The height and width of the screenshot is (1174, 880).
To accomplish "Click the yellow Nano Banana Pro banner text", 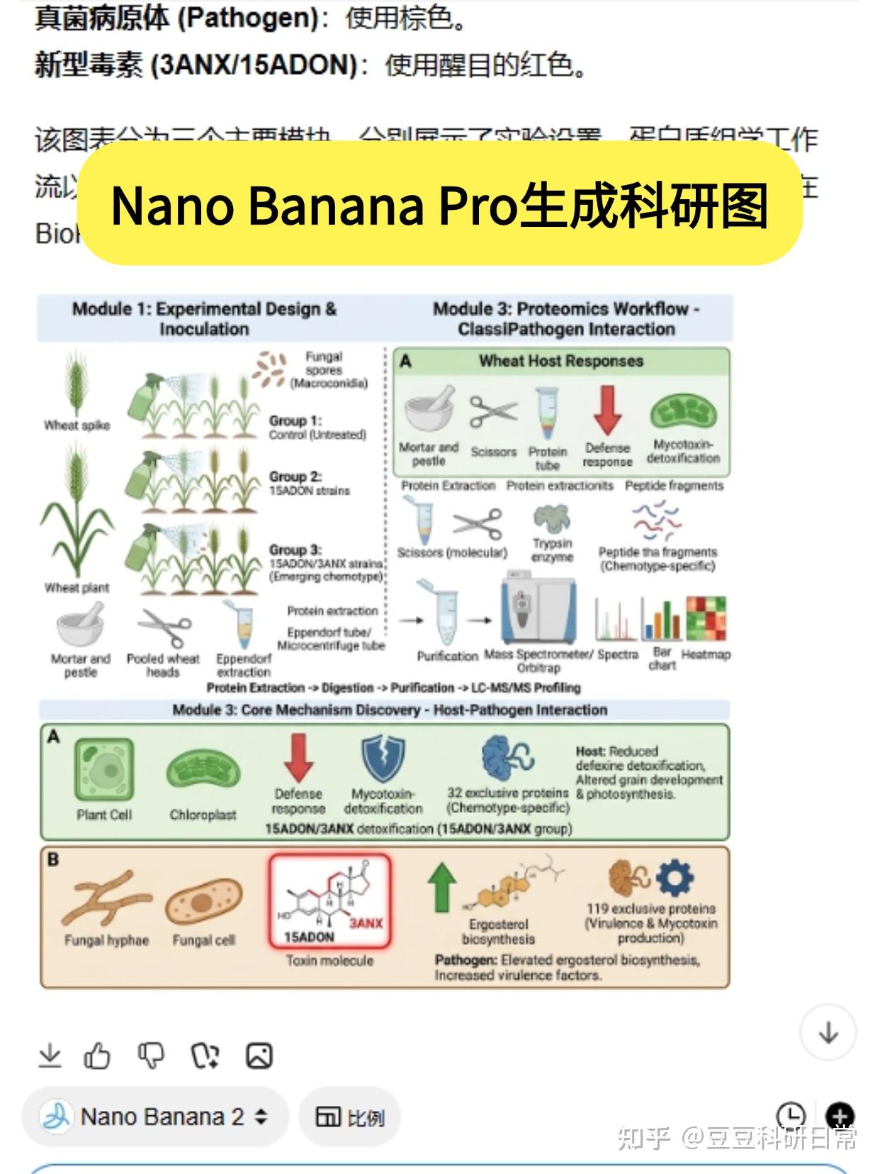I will pos(439,205).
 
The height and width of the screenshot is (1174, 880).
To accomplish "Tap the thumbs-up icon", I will pos(97,1056).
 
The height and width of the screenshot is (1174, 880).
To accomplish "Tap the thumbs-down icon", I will pos(150,1056).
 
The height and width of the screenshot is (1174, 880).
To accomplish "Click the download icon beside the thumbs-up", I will pos(50,1056).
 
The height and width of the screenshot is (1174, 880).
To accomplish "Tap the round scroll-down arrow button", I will pos(828,1033).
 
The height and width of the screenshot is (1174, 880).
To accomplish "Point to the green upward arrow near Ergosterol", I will pos(441,887).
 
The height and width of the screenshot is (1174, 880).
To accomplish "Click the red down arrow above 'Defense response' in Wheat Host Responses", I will pos(607,410).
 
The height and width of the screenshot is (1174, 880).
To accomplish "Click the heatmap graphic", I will pos(705,617).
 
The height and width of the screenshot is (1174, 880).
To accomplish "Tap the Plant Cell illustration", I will pos(104,769).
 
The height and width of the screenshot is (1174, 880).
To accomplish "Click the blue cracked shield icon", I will pos(383,758).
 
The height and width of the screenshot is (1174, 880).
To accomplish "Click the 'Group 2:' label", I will pos(295,476).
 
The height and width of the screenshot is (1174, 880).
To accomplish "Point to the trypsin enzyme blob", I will pos(551,518).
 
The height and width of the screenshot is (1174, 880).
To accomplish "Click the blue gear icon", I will pos(674,879).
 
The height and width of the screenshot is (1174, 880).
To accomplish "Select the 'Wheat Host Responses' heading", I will pos(560,361).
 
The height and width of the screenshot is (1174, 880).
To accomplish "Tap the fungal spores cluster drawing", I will pos(270,369).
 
